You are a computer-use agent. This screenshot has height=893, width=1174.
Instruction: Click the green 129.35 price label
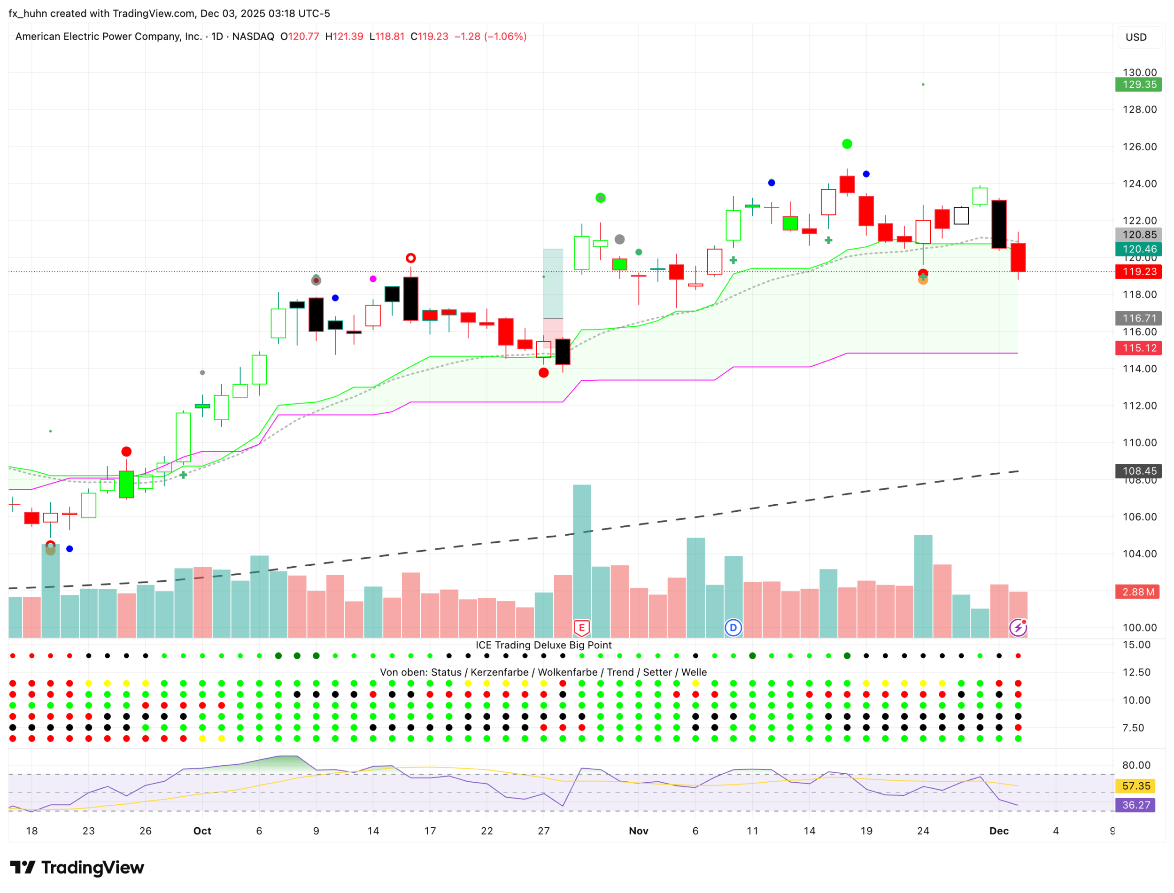coord(1138,85)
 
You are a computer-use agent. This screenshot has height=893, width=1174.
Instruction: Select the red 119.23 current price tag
coord(1138,272)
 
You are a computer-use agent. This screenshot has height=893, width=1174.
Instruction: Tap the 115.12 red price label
coord(1138,348)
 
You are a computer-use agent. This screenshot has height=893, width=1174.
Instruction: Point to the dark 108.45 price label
coord(1138,471)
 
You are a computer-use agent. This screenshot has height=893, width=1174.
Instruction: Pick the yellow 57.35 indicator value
coord(1135,785)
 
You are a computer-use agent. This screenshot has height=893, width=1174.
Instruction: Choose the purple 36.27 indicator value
coord(1135,805)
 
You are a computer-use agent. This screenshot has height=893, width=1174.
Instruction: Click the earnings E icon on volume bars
coord(582,628)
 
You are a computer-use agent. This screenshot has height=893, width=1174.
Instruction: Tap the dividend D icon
coord(733,628)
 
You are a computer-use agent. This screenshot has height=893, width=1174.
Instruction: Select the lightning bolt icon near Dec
coord(1017,628)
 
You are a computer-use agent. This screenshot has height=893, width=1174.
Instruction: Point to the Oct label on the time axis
coord(202,831)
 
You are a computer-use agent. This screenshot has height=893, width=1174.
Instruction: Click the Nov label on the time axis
coord(639,831)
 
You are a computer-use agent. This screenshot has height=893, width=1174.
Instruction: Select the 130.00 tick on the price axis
coord(1139,72)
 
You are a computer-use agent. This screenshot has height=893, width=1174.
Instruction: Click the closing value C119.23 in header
coord(429,37)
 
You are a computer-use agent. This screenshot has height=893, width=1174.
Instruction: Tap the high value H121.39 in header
coord(344,37)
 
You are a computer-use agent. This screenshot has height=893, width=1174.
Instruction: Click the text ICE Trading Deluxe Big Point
coord(543,645)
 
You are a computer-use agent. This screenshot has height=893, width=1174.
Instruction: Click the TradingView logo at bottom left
coord(77,868)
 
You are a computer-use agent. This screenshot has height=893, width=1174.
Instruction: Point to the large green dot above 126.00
coord(847,144)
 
